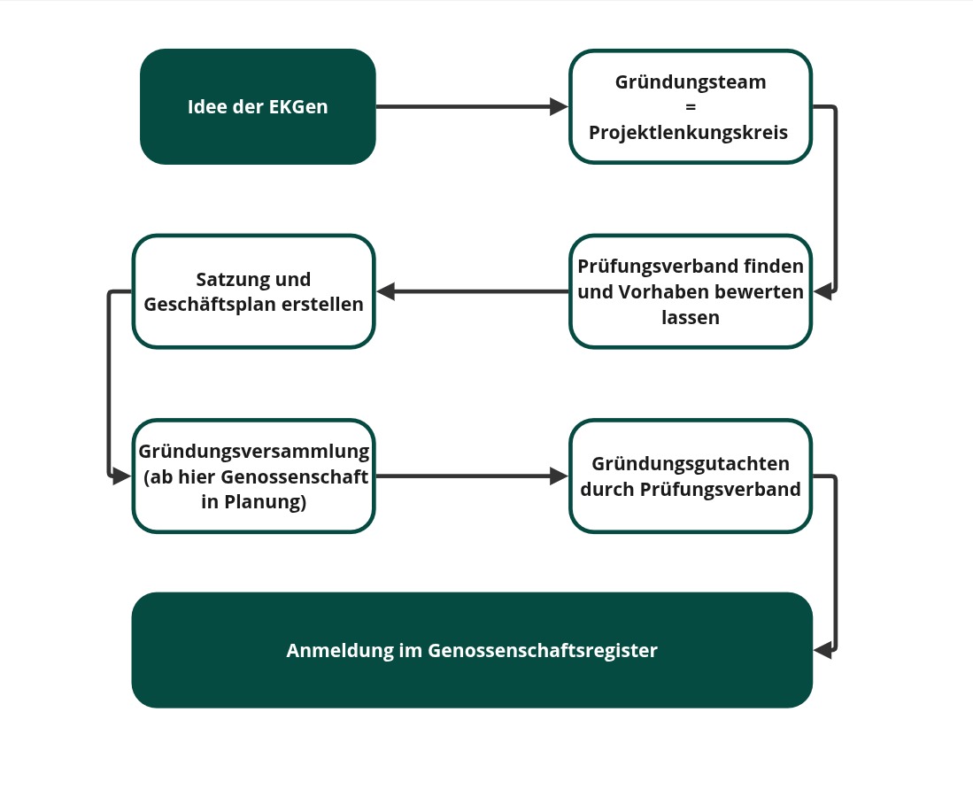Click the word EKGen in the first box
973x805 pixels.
(298, 107)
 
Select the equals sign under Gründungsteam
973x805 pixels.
(691, 107)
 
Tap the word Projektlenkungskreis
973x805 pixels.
(688, 132)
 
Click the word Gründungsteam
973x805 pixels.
(691, 82)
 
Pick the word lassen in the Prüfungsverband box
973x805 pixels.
(691, 318)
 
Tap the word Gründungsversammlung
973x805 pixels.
(254, 452)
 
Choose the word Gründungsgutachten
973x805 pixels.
(691, 464)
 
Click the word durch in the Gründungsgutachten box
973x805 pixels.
(607, 489)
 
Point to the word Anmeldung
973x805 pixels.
(340, 650)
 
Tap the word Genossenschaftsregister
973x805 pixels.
(543, 650)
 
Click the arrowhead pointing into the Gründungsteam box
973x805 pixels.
(560, 107)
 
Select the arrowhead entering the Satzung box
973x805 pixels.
(386, 291)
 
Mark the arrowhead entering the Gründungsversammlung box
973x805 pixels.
(122, 476)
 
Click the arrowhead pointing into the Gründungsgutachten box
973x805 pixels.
(560, 476)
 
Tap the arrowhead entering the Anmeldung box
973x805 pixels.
(822, 650)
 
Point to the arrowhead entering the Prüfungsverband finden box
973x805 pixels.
(822, 291)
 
